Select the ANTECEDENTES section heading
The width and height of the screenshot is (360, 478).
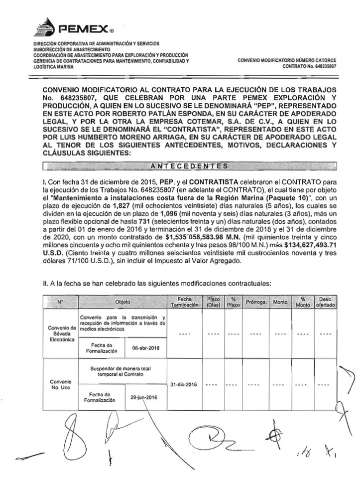[190, 165]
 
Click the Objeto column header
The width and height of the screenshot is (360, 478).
[122, 302]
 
